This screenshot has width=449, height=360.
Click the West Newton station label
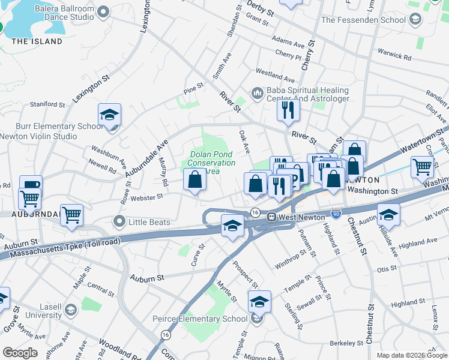coord(300,216)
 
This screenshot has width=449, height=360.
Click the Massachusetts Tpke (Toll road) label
coord(59,248)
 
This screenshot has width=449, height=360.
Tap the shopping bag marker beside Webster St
coord(194,179)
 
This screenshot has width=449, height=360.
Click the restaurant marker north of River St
coord(288,110)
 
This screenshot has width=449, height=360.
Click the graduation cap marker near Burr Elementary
coord(110,114)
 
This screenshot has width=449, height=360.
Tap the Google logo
coord(20,353)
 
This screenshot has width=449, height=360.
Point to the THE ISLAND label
coord(37,41)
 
